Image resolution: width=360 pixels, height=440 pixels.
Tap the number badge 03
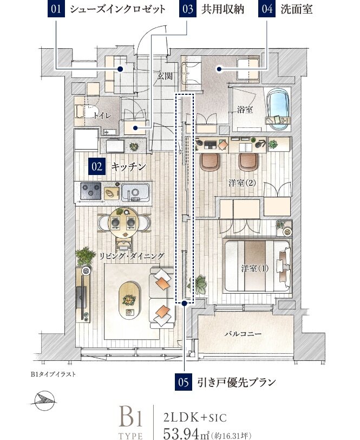point(187,10)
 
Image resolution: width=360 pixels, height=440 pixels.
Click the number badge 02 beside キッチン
point(97,167)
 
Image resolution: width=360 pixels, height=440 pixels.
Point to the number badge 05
point(184,383)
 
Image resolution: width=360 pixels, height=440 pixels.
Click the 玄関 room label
point(165,76)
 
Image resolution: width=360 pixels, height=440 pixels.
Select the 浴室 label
point(245,109)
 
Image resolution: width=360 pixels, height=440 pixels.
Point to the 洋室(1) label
point(255,268)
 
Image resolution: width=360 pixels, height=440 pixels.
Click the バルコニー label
point(241,334)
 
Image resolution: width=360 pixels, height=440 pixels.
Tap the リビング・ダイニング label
point(132,255)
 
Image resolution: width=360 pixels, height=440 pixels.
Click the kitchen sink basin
point(135,192)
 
